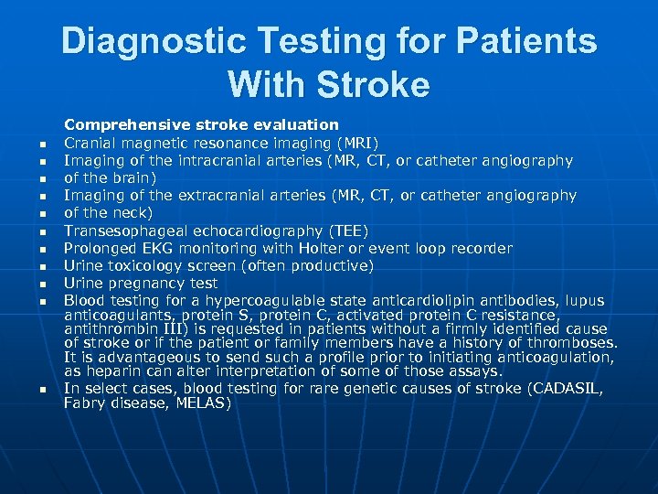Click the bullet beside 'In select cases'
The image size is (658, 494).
42,390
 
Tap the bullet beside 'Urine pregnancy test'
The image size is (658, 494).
42,285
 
